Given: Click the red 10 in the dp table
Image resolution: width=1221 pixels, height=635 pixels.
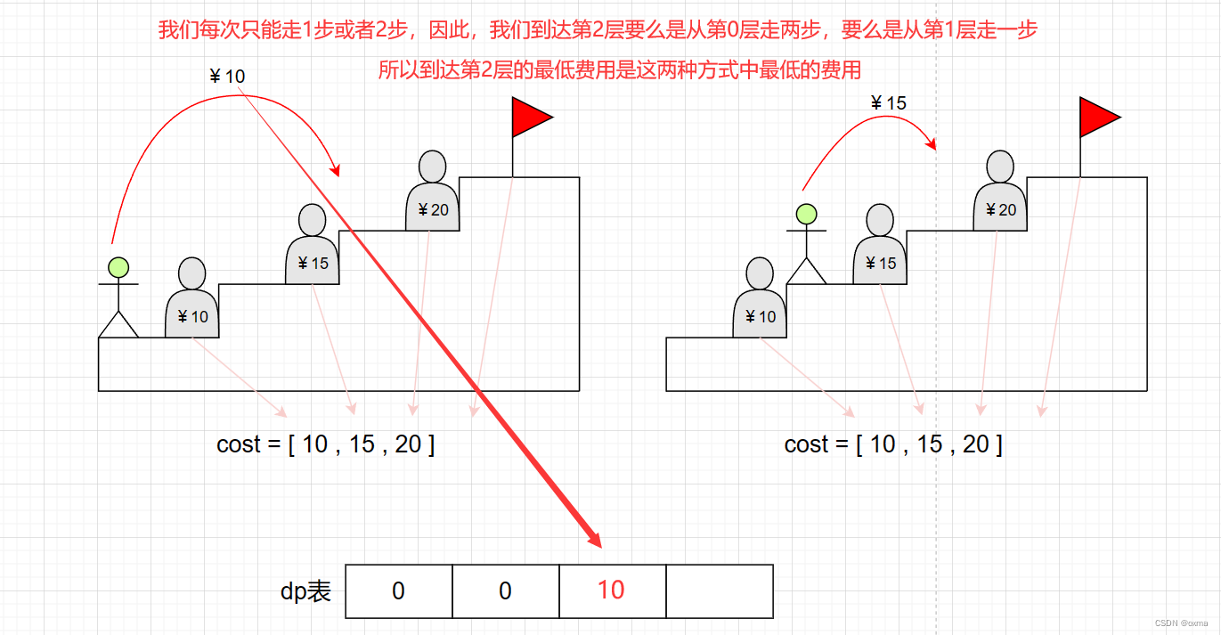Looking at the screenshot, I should (x=611, y=590).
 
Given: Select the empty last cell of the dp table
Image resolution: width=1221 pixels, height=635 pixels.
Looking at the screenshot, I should (x=720, y=590).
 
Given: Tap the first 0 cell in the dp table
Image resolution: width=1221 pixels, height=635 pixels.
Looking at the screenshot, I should (x=398, y=590).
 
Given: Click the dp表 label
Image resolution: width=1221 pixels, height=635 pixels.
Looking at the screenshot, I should (x=306, y=590).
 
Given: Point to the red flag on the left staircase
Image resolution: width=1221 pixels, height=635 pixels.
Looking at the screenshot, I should (x=531, y=118).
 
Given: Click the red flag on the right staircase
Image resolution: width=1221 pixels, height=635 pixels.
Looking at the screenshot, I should (x=1098, y=118).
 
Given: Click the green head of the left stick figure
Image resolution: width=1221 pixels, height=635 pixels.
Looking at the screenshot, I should (x=118, y=266).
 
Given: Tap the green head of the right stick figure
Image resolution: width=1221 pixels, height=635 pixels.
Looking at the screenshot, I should (x=806, y=214).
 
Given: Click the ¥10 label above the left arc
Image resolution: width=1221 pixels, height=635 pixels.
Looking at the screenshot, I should (x=226, y=77).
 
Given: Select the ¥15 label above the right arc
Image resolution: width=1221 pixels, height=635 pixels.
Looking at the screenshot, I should (x=888, y=103).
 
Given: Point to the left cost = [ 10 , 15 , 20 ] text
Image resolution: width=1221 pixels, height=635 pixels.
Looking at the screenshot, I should (x=325, y=444).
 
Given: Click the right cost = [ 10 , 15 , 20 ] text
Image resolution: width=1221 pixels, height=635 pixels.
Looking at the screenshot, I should (x=893, y=444).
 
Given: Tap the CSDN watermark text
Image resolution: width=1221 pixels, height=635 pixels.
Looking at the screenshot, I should (x=1180, y=623).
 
